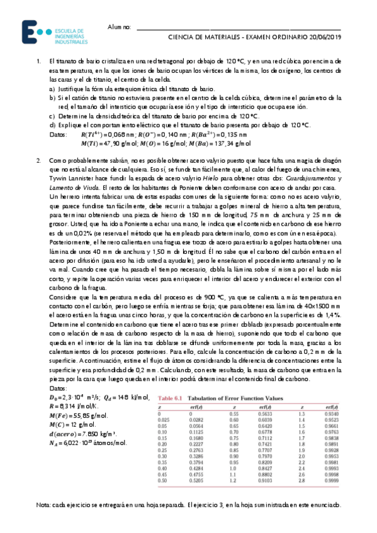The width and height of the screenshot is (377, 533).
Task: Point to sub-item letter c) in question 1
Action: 52,116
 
